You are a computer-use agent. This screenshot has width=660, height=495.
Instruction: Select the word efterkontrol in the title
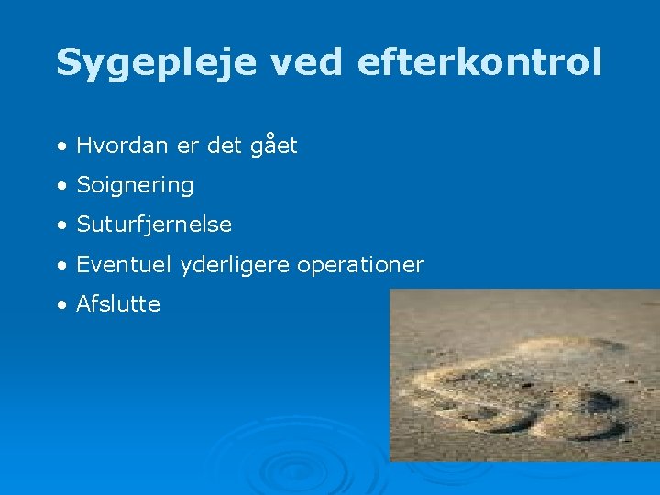[478, 62]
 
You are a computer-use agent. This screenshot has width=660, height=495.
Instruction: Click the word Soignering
[135, 185]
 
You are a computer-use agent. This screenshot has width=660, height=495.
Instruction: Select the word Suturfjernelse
[154, 225]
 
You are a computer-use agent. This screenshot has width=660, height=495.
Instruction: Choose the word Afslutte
[118, 304]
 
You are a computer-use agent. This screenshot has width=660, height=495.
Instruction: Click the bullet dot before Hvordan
[60, 147]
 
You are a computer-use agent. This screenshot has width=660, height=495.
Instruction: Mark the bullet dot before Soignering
[60, 186]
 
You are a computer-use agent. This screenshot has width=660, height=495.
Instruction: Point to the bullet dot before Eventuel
[60, 266]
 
